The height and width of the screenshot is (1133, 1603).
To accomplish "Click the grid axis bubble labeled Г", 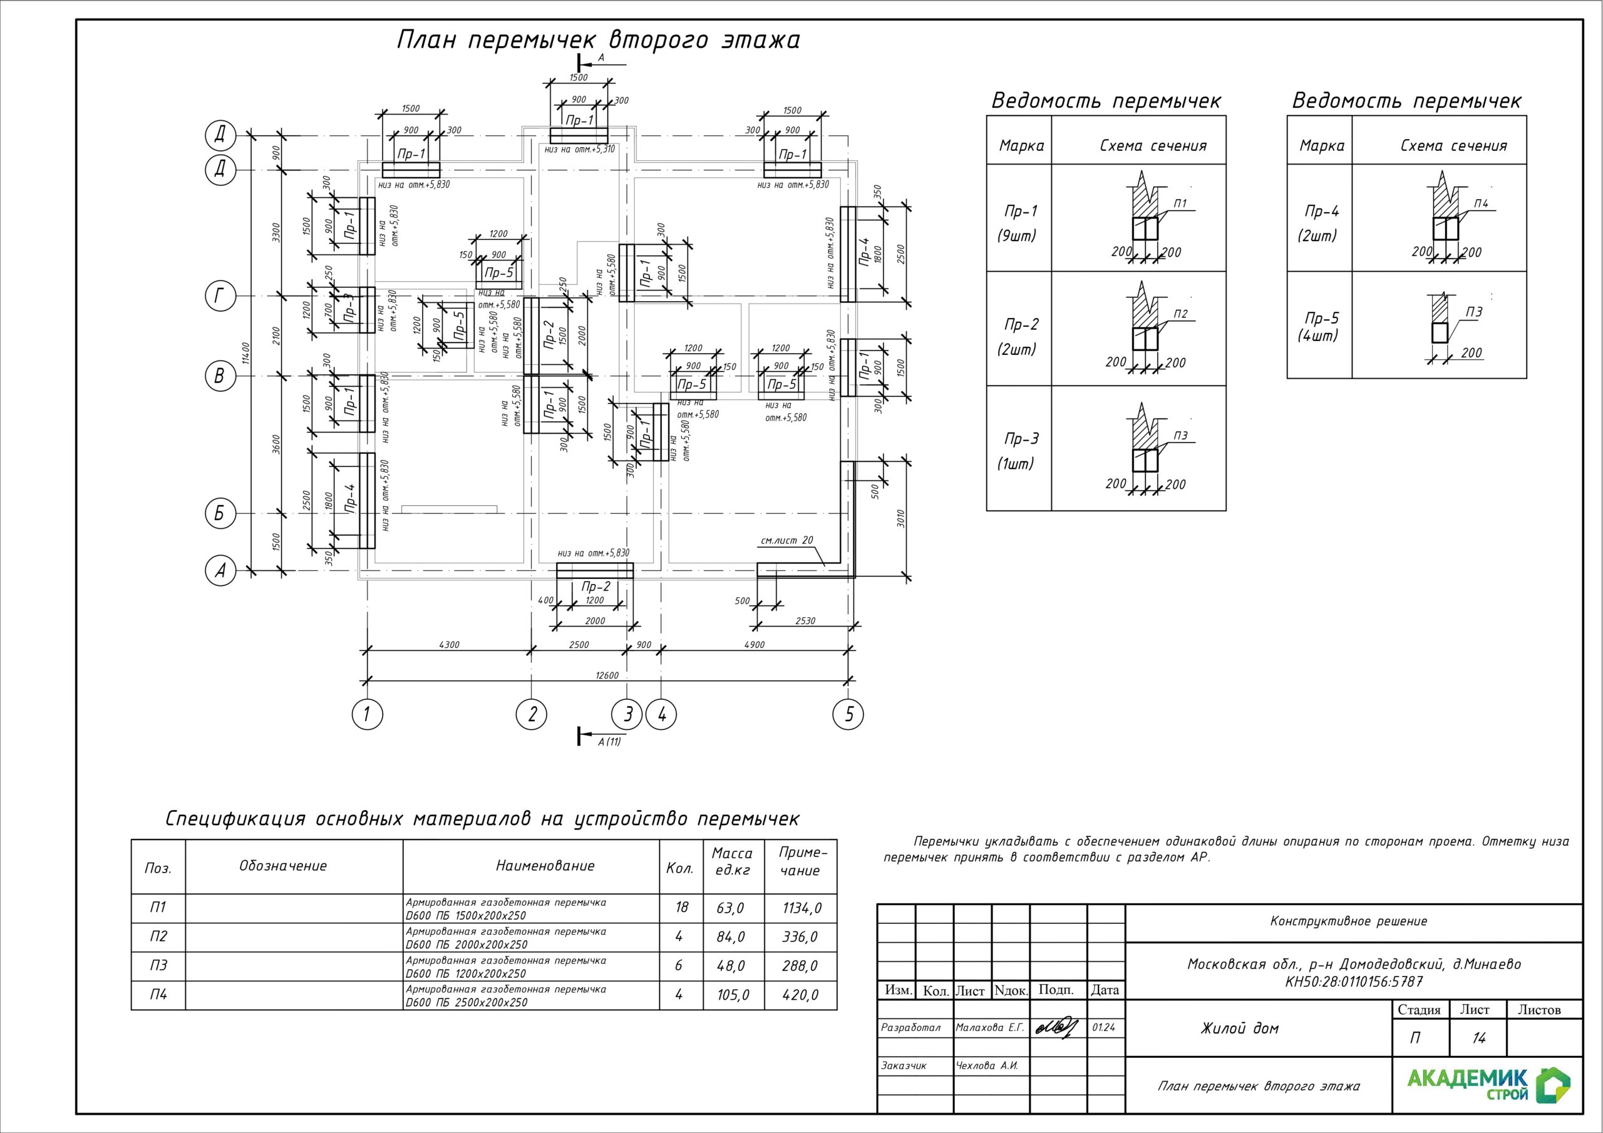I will point(219,297).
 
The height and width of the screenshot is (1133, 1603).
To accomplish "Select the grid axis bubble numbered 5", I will point(848,714).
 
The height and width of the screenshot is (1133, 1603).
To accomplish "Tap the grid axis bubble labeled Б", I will point(219,514).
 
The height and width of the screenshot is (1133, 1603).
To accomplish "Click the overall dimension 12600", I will point(607,675).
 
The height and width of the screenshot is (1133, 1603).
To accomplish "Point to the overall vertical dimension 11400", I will point(244,352).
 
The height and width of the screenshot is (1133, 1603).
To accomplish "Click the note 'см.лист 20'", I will point(787,540).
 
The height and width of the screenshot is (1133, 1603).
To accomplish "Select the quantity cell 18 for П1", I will point(681,908).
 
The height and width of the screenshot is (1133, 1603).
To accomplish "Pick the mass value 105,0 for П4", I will point(733,995).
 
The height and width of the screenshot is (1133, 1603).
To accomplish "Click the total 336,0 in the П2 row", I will point(800,937).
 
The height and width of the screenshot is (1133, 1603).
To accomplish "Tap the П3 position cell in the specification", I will point(158,965).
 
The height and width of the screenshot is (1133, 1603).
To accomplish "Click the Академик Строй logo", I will point(1488,1085).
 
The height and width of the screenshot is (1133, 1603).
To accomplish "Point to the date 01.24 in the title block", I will point(1104,1028).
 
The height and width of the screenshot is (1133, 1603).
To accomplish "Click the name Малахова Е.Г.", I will point(989,1028).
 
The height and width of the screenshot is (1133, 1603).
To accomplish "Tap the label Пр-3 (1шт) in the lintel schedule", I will point(1020,450).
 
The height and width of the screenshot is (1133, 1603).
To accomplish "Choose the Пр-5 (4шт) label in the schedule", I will point(1320,327).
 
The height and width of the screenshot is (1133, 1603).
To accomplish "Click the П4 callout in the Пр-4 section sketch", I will point(1481,204).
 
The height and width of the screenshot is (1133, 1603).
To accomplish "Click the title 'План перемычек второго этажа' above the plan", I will point(599,40).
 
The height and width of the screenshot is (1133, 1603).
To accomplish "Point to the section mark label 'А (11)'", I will point(609,741).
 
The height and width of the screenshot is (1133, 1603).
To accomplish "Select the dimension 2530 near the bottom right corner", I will point(805,620).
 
